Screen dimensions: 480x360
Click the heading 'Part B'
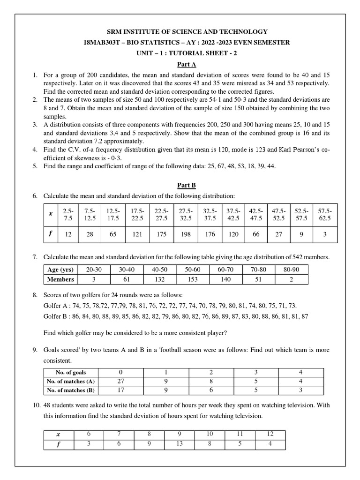(x=186, y=185)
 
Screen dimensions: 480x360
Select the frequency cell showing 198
(x=186, y=234)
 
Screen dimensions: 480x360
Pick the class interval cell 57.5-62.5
(x=324, y=215)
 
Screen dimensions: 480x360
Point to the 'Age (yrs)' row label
(x=60, y=270)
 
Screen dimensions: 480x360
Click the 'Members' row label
(x=60, y=279)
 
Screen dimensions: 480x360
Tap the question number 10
(x=36, y=405)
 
